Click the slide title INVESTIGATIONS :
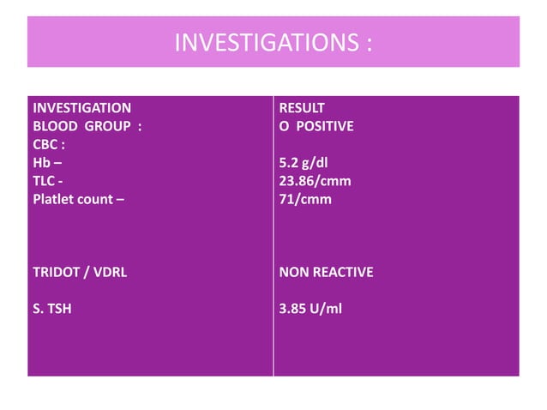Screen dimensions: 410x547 pyautogui.click(x=273, y=42)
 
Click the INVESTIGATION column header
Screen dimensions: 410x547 pyautogui.click(x=81, y=108)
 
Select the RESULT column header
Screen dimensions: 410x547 pyautogui.click(x=302, y=108)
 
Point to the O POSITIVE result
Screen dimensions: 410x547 pyautogui.click(x=316, y=126)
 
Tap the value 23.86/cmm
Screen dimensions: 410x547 pyautogui.click(x=315, y=181)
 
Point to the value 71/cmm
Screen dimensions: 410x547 pyautogui.click(x=305, y=199)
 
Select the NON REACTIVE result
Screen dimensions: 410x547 pyautogui.click(x=326, y=272)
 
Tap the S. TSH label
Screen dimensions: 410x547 pyautogui.click(x=51, y=308)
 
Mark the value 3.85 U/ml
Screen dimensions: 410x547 pyautogui.click(x=310, y=308)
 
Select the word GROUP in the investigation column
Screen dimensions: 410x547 pyautogui.click(x=106, y=126)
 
